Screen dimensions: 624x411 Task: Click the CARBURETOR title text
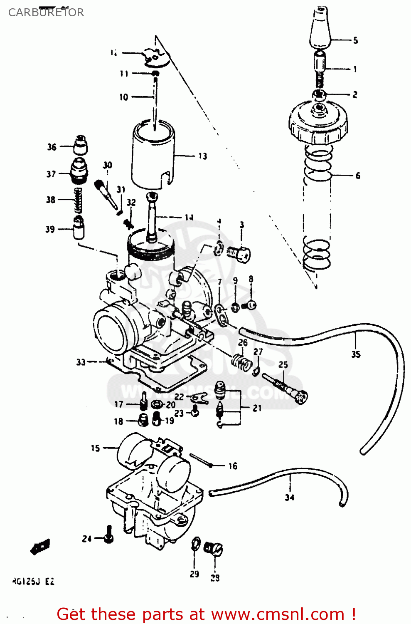pos(46,12)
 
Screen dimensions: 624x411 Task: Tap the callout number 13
pos(202,156)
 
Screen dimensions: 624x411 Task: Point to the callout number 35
pos(356,354)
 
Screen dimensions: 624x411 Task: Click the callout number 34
pos(290,497)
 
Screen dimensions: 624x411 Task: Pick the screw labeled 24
pos(108,534)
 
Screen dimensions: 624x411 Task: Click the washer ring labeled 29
pos(196,544)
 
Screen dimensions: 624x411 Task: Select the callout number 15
pos(95,448)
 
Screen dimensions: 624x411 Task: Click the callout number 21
pos(257,408)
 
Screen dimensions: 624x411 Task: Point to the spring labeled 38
pos(78,200)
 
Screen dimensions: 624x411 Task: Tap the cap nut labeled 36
pos(80,145)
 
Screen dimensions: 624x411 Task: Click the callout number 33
pos(81,362)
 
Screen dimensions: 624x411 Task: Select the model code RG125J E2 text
pos(33,582)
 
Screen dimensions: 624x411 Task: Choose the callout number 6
pos(358,176)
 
